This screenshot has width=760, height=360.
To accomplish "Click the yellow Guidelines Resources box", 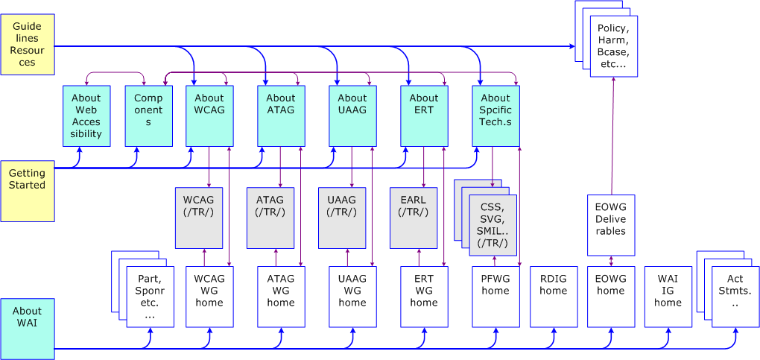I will coord(28,45).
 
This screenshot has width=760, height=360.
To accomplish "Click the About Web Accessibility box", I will coord(86,116).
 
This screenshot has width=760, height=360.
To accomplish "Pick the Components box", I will coord(148,116).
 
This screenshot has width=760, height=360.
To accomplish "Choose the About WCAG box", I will coord(209,116).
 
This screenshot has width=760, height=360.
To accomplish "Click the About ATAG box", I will coord(281,116).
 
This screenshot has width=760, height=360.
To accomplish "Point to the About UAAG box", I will coord(352,116).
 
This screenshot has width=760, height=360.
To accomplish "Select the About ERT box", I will coord(424,116).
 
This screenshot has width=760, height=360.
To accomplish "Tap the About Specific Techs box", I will coord(495,116).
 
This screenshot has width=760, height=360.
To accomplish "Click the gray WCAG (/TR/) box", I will coord(199,217).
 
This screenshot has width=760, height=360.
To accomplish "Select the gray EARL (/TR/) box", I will coord(414,217).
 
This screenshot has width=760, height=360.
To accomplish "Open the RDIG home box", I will coord(554,297).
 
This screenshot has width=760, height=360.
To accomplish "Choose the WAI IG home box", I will coord(668,297).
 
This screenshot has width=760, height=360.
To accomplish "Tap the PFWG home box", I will coord(495,297).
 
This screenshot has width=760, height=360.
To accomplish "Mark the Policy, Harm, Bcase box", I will coord(613,46).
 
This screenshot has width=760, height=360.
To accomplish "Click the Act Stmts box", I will coord(735,297).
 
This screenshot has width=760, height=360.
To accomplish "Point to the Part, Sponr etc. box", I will coord(150,297).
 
